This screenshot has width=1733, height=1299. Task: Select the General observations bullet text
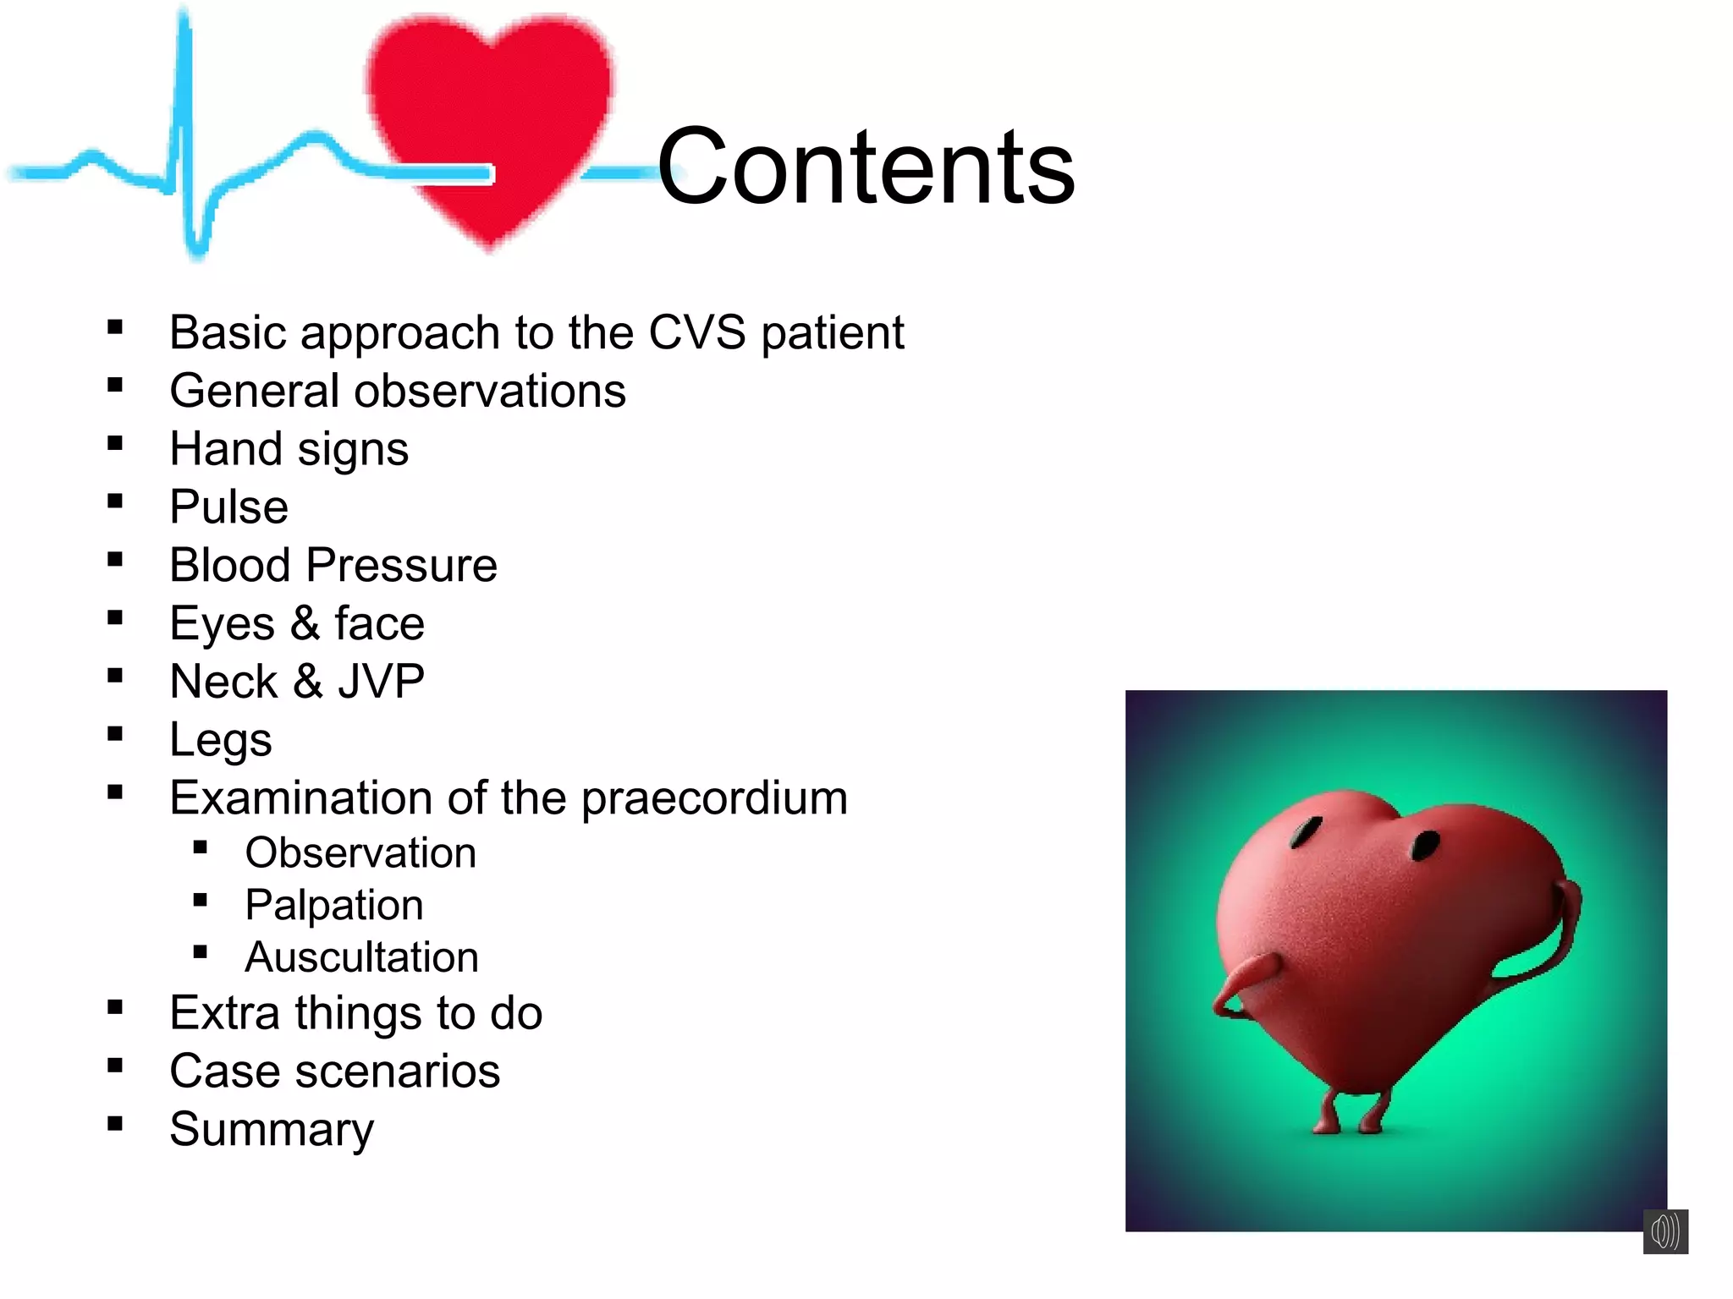click(x=398, y=391)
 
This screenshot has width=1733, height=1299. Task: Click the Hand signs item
click(x=289, y=449)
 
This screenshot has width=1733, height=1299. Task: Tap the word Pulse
click(x=228, y=507)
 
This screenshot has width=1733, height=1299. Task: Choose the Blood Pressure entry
click(x=333, y=565)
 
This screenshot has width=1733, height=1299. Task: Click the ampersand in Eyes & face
click(x=305, y=623)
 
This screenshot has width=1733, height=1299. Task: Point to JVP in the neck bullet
click(x=381, y=682)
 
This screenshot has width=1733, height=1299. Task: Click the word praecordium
click(x=714, y=798)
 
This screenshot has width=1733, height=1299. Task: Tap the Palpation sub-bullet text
click(x=334, y=905)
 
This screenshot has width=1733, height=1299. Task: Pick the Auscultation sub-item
click(x=361, y=957)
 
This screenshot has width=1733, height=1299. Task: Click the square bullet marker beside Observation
click(x=201, y=847)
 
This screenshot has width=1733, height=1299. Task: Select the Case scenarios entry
click(x=334, y=1072)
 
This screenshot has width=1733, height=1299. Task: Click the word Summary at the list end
click(x=271, y=1130)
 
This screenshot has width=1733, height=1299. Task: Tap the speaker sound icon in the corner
click(x=1665, y=1231)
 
